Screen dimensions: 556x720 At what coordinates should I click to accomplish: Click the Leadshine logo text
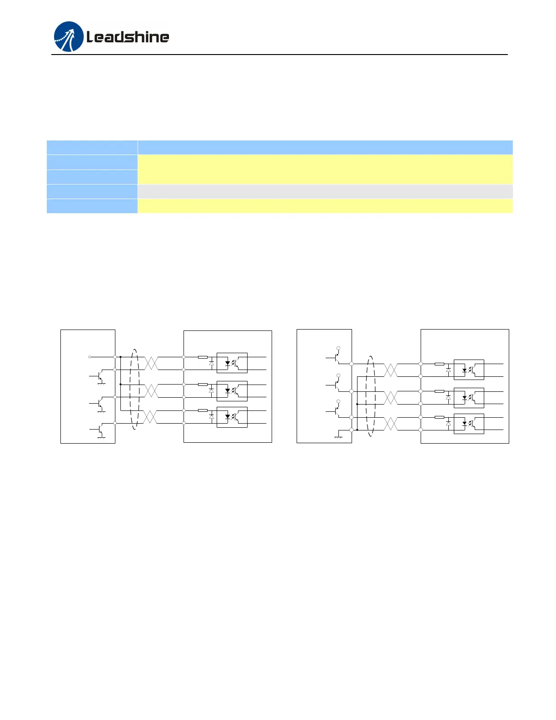coord(128,37)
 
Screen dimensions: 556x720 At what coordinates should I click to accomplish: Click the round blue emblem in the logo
coord(69,36)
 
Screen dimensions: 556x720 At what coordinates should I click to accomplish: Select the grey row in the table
coord(325,191)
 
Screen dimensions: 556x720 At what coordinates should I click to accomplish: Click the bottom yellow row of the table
coord(325,206)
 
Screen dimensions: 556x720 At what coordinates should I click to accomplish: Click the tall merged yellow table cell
coord(325,169)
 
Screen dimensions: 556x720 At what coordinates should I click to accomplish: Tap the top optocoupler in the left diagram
coord(232,363)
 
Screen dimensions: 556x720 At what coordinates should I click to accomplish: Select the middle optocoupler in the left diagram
coord(232,391)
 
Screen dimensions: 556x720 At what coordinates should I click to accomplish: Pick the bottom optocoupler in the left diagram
coord(232,417)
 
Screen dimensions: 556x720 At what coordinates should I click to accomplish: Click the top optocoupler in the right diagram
coord(469,370)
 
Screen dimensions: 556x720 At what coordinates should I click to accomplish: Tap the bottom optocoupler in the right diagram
coord(469,424)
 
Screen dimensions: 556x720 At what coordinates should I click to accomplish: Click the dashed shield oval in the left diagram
coord(134,389)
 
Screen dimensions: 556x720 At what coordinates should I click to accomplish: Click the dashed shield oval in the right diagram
coord(371,396)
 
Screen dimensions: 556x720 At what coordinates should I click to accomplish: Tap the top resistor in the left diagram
coord(203,357)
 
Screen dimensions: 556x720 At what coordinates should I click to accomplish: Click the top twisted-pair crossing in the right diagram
coord(391,370)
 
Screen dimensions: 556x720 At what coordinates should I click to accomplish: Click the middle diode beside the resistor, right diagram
coord(448,397)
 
